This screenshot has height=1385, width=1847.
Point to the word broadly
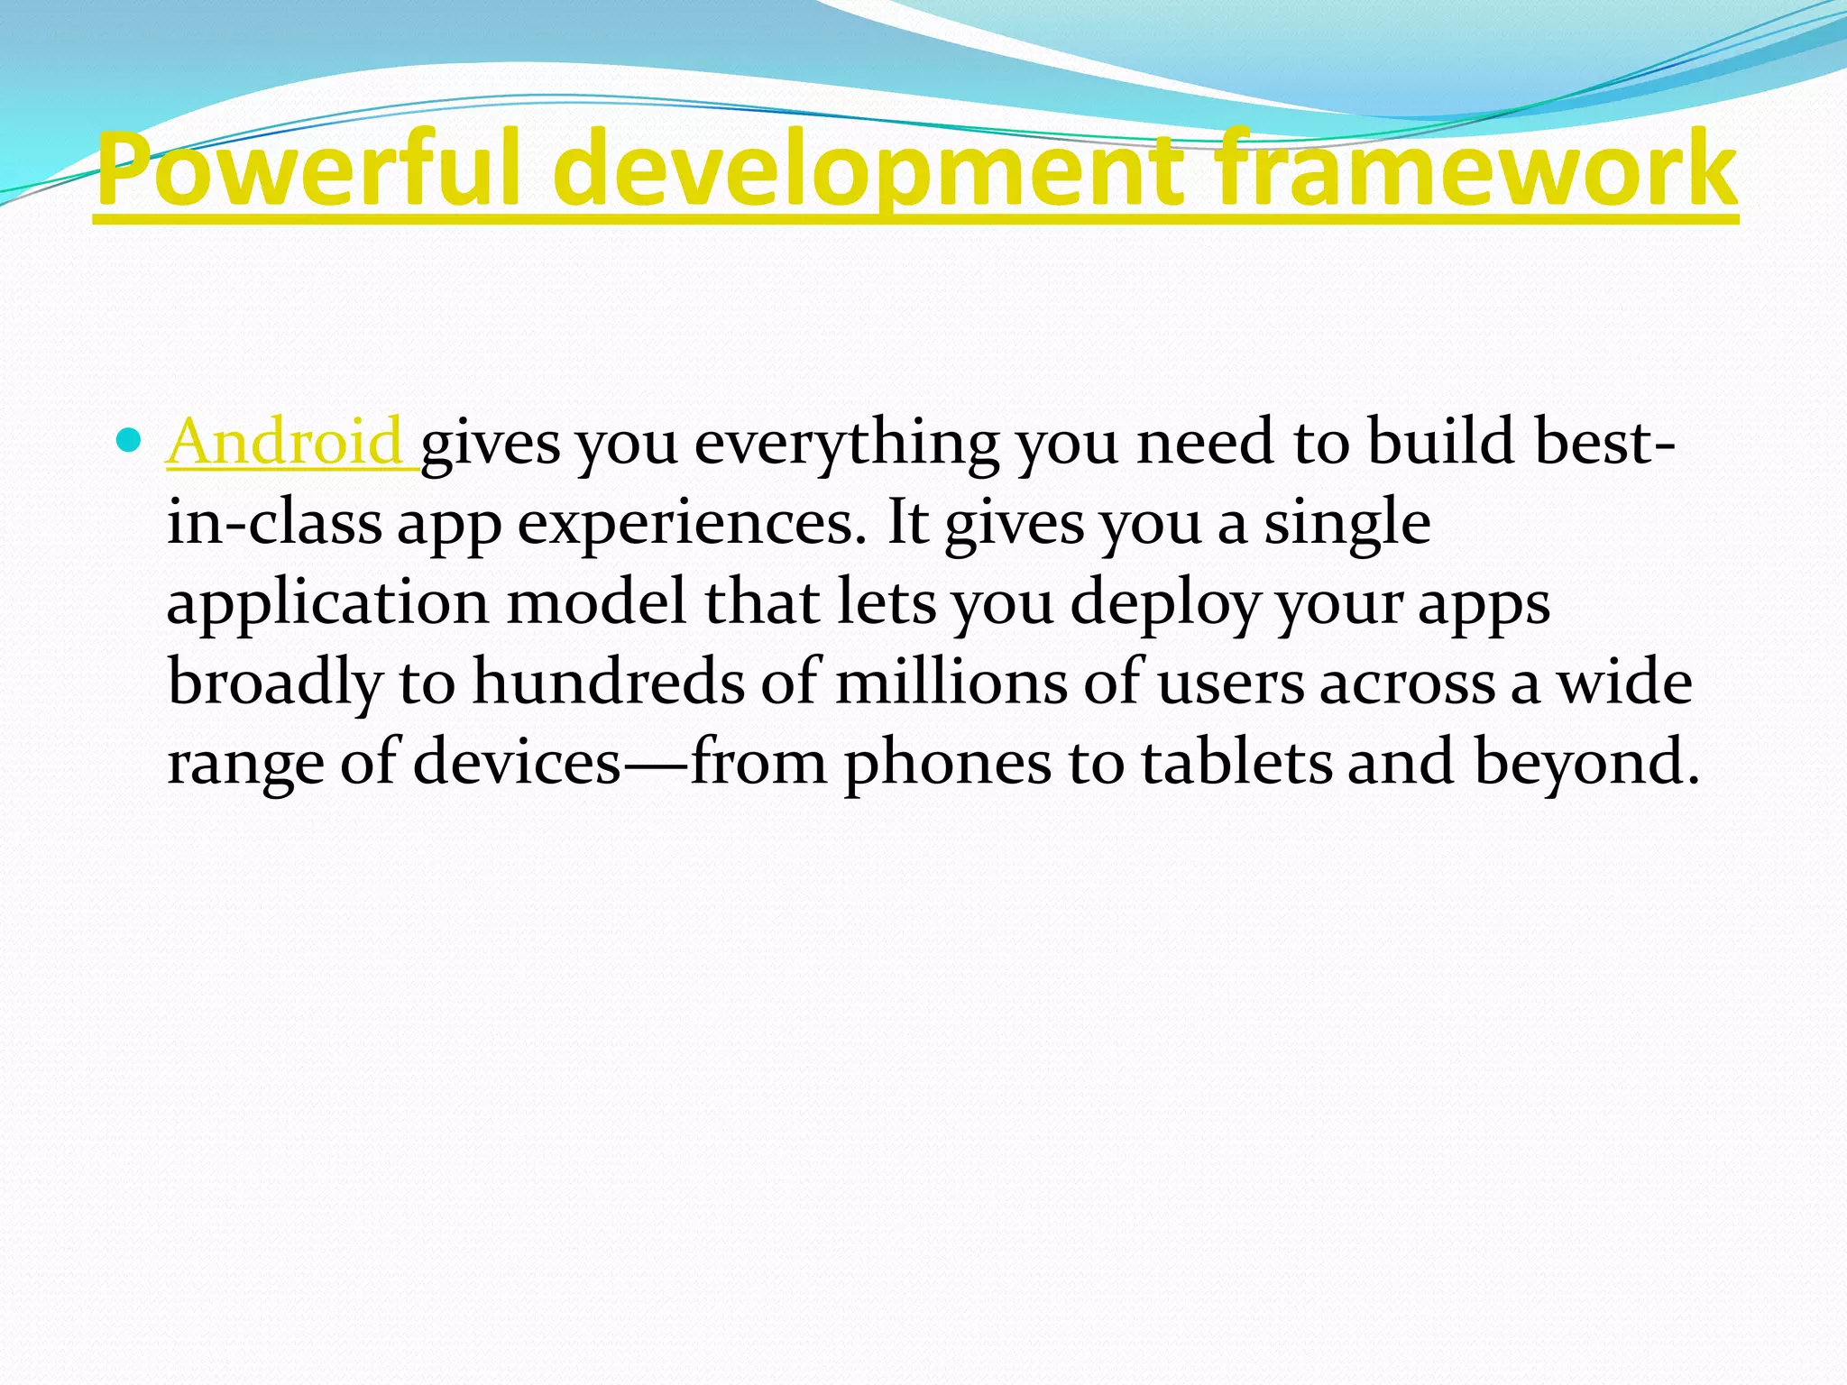[276, 683]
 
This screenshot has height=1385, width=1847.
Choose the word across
[1407, 683]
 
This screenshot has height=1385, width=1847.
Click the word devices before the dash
[518, 762]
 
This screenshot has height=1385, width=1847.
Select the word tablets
[1236, 762]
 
